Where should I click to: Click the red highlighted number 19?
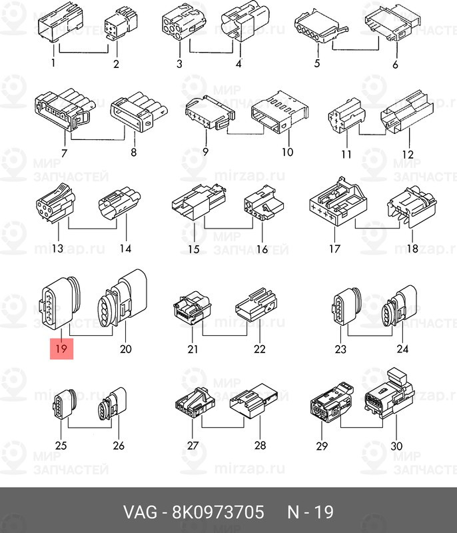[61, 348]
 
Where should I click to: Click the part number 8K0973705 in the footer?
[218, 512]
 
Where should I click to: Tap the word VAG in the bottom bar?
[140, 512]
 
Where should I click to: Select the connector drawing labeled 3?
[183, 25]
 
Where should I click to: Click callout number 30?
[396, 445]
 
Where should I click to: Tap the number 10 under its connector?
[287, 152]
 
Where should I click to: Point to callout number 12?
[408, 155]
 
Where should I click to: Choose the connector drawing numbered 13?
[56, 203]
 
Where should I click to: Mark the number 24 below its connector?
[402, 348]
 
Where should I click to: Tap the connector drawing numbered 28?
[253, 400]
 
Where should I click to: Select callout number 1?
[53, 63]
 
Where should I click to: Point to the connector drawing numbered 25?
[64, 404]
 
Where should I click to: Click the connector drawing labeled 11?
[346, 115]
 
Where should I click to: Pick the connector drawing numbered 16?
[264, 203]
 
